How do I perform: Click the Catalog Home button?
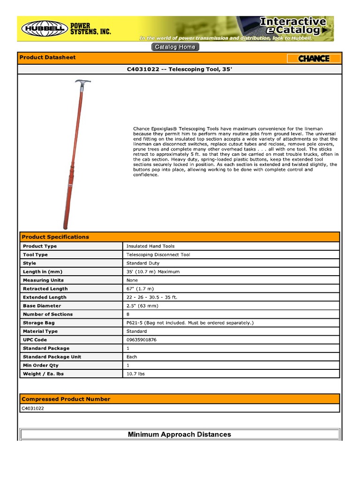click(175, 47)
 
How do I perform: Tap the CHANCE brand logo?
click(314, 59)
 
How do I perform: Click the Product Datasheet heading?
click(47, 58)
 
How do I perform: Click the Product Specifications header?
click(55, 237)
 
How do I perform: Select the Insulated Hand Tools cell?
click(150, 246)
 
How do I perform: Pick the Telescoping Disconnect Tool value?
click(158, 255)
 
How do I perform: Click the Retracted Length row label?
click(45, 289)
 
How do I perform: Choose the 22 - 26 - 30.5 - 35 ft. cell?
click(152, 297)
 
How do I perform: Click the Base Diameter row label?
click(42, 306)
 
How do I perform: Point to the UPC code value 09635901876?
click(142, 340)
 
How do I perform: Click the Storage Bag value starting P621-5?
click(189, 323)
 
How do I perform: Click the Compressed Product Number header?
click(66, 399)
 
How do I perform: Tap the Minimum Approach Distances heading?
click(180, 435)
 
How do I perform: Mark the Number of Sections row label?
click(48, 314)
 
